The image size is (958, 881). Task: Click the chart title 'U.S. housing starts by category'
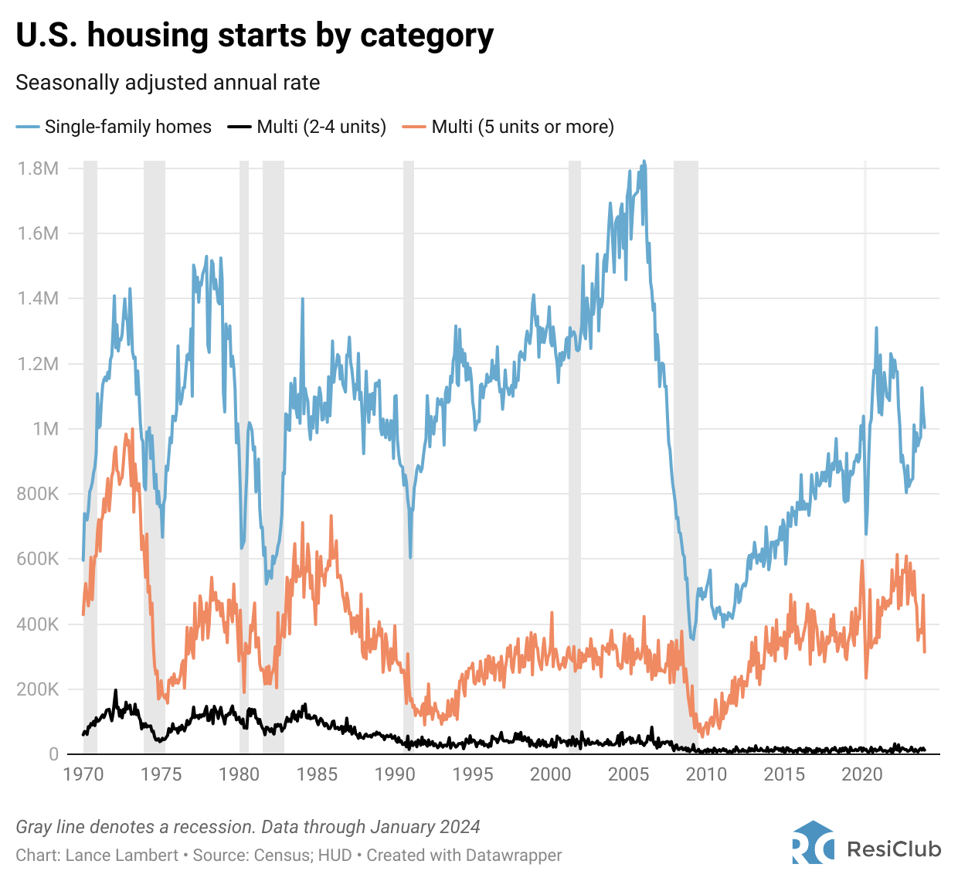[x=254, y=36]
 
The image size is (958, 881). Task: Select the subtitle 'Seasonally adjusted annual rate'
[x=168, y=83]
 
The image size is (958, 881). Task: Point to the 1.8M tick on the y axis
[x=39, y=168]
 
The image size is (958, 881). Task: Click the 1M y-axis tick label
[x=46, y=429]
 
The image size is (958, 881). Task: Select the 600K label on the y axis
[x=38, y=559]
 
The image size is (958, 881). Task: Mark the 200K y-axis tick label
[x=38, y=689]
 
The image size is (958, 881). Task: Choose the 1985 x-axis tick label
[x=317, y=774]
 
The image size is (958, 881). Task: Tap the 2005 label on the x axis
[x=628, y=774]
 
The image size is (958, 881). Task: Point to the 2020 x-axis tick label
[x=862, y=774]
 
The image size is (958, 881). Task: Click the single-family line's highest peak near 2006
[x=644, y=162]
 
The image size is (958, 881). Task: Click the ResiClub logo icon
[x=813, y=842]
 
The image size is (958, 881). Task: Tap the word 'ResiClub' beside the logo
[x=894, y=849]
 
